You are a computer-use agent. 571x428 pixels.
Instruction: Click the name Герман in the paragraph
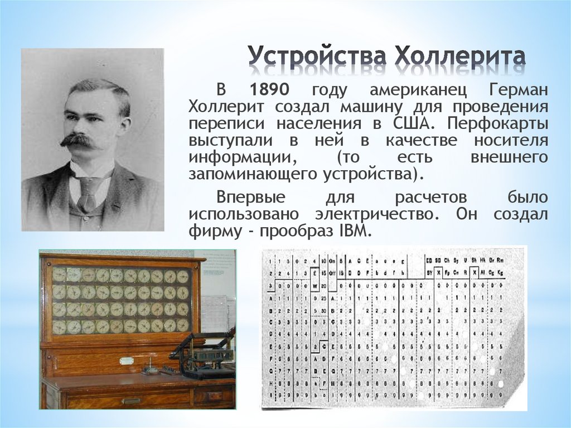(519, 91)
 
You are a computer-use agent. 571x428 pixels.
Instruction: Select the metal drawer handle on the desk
(132, 400)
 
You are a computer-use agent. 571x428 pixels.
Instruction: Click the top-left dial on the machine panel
(59, 275)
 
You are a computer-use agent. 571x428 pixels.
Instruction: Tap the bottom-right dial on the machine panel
(183, 325)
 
